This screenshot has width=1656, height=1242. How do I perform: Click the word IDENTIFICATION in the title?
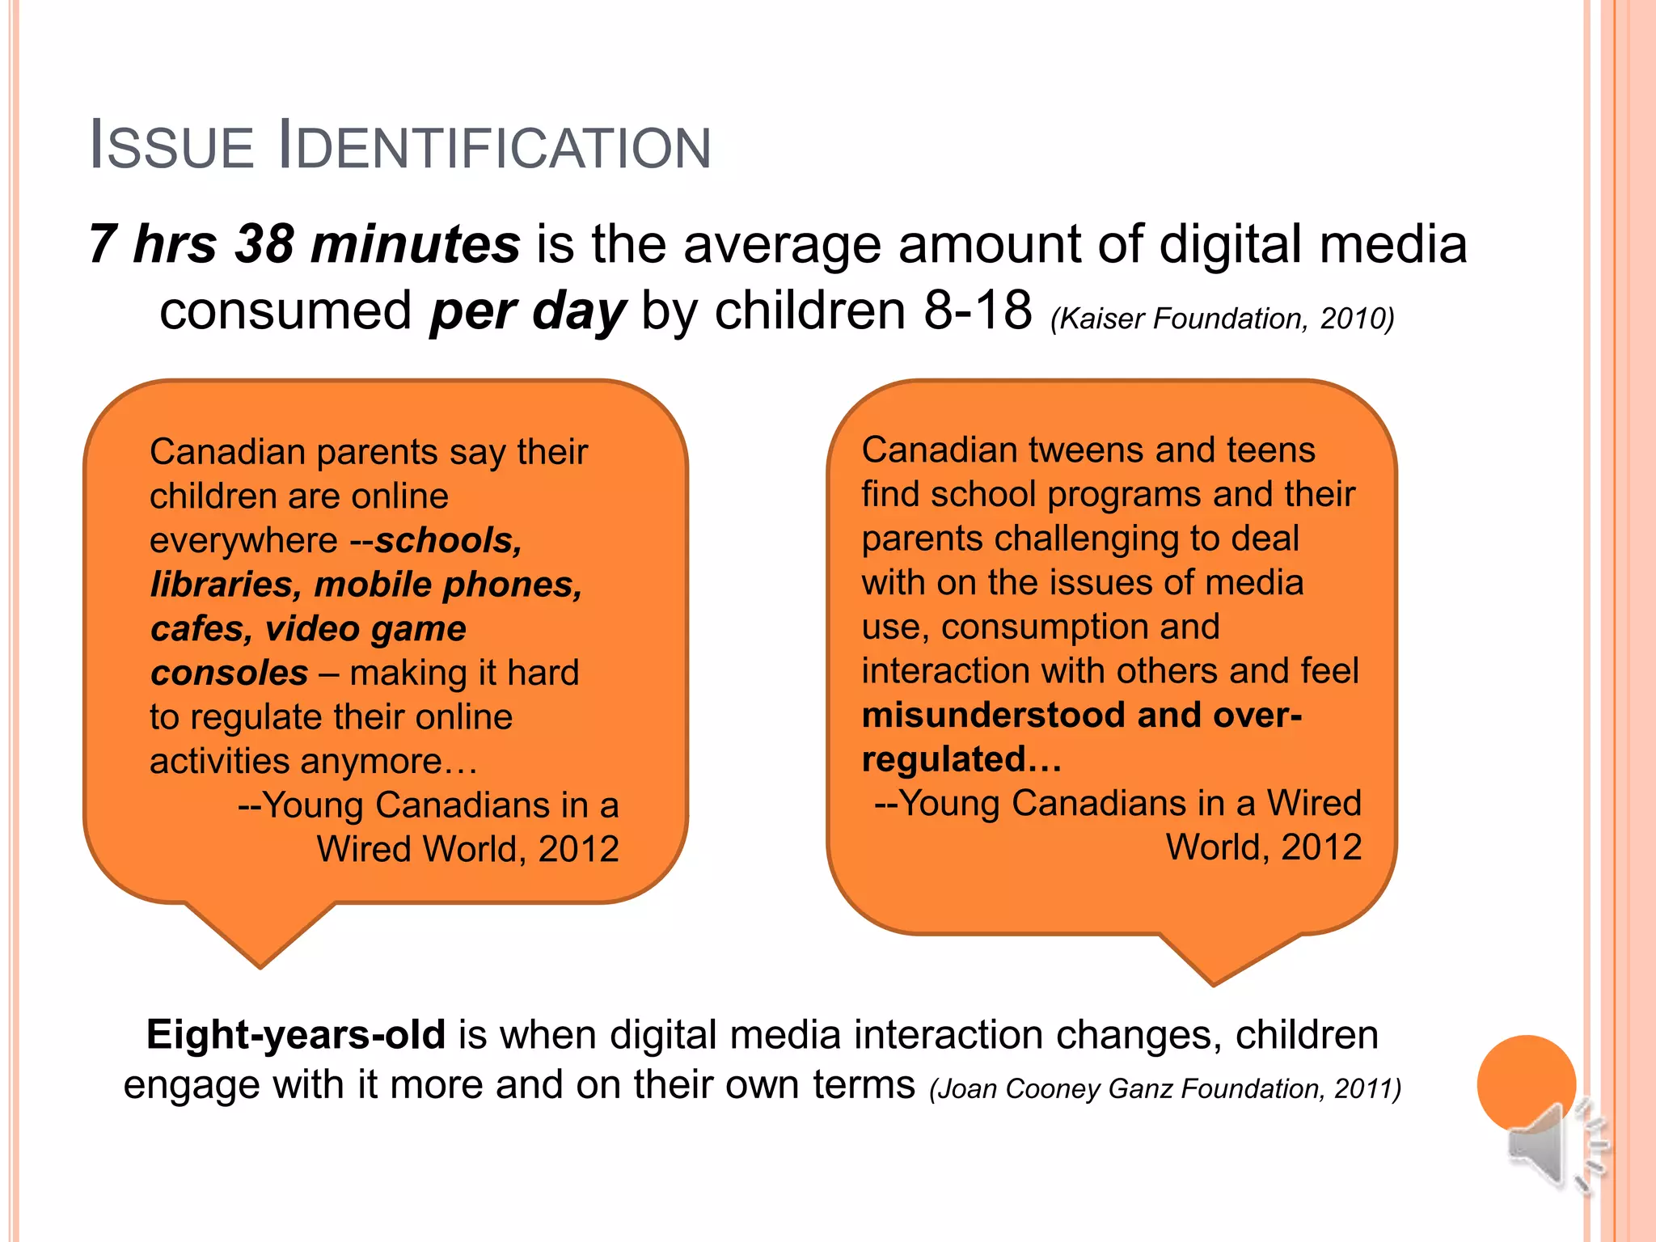494,146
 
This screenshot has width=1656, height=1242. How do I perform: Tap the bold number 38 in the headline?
264,243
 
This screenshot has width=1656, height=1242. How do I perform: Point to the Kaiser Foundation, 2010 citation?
1222,319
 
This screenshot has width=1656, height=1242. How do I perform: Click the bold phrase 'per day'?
528,311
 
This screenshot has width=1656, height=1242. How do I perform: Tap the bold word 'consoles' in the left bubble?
230,673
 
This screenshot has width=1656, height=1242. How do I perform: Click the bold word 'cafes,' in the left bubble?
202,629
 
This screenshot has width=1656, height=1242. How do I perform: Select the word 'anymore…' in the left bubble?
389,762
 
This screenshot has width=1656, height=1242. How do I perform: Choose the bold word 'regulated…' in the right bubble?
961,760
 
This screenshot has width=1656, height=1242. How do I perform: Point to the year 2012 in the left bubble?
578,849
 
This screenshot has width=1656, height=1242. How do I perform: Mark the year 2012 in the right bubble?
1321,847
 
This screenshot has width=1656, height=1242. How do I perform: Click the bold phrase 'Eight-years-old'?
296,1035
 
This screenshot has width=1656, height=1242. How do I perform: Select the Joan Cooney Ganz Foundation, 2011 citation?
1165,1089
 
